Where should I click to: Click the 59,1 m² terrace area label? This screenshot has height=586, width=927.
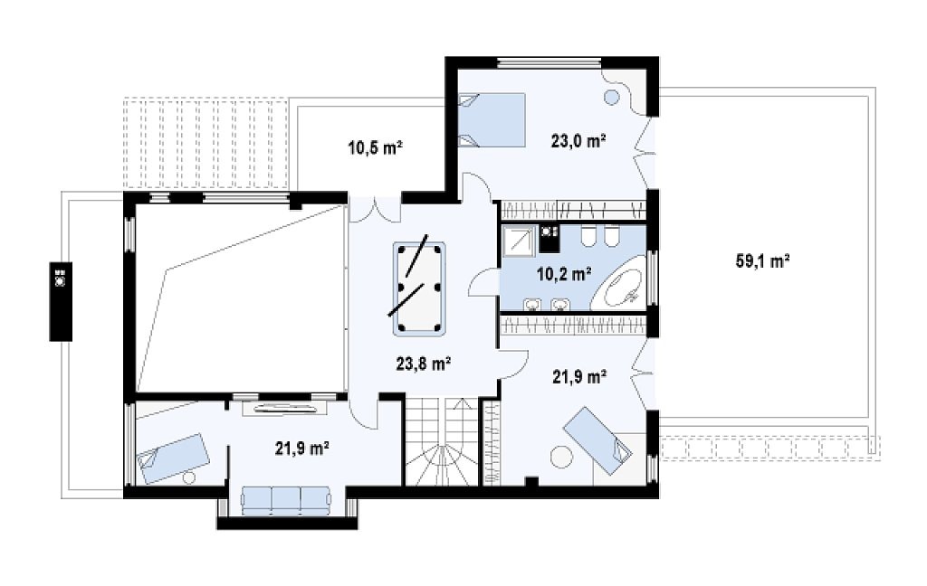point(762,260)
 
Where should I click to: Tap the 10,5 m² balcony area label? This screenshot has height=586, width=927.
point(376,147)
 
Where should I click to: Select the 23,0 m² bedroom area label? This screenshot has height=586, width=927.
point(578,140)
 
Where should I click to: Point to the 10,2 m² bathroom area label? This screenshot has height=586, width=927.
point(564,273)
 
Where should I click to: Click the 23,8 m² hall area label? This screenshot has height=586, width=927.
point(424,364)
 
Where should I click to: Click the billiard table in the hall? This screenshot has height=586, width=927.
point(419,289)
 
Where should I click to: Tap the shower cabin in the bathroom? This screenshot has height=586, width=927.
point(519,241)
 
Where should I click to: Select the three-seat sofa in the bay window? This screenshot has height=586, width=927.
point(286,500)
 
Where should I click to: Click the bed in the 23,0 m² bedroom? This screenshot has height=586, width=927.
point(492,120)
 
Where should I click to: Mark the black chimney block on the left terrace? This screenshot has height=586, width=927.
point(61,301)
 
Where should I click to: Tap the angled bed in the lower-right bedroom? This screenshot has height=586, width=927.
point(597,434)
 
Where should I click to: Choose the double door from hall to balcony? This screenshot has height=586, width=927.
point(375,210)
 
